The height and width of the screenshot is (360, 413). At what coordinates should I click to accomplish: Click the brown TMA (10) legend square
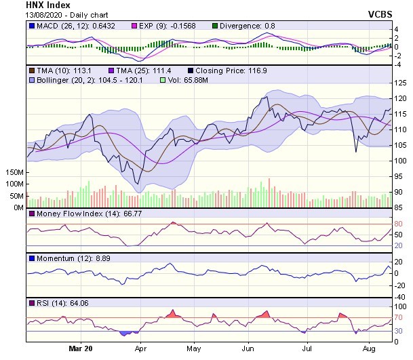[31, 70]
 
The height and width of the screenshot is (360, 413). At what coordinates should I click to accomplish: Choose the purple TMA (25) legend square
[112, 70]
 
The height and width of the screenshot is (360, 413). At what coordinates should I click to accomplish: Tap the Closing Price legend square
[191, 70]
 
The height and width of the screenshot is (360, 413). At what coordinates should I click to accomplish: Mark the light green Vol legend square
[163, 80]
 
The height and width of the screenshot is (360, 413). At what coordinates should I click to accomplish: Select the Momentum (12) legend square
[31, 258]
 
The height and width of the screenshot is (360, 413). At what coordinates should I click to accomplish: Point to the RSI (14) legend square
[31, 302]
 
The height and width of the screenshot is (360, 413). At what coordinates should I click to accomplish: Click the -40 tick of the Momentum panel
[399, 296]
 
